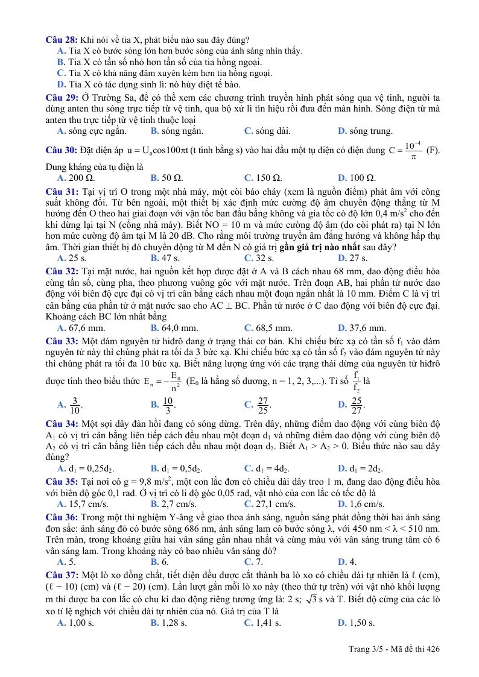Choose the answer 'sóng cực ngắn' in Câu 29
91,130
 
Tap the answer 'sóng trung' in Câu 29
365,130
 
